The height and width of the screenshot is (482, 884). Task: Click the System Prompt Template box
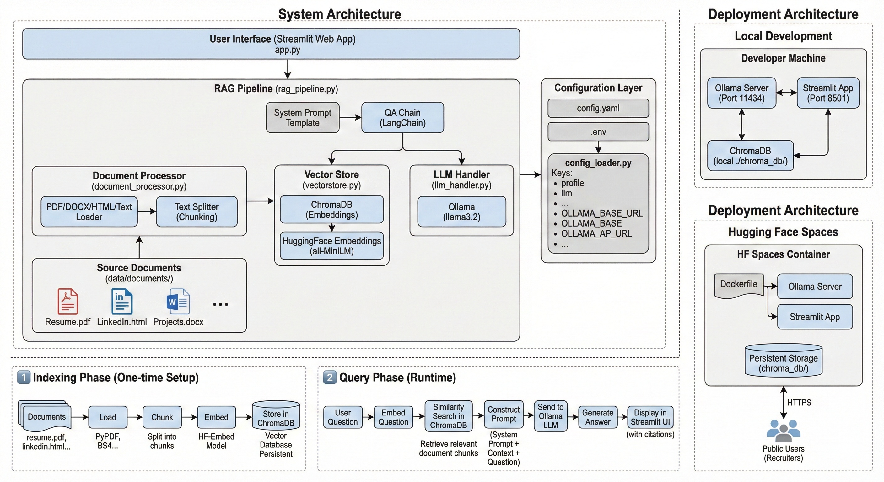302,117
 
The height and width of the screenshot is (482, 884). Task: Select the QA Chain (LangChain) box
402,117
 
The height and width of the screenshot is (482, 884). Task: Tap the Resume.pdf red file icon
67,301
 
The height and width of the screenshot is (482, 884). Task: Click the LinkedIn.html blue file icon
122,301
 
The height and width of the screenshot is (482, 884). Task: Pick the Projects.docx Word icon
178,301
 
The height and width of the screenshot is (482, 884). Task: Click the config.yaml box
598,108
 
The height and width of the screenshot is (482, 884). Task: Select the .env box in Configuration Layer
598,132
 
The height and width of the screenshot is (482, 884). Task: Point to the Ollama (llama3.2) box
461,212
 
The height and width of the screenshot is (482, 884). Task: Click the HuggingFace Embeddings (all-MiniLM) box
331,246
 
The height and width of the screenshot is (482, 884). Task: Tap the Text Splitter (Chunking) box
197,212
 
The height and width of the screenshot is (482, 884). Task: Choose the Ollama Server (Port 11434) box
741,93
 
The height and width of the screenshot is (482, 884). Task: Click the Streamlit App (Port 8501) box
828,93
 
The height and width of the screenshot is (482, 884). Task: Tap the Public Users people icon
783,430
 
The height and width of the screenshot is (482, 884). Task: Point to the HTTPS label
799,402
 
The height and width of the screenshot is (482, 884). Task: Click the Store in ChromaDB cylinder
276,416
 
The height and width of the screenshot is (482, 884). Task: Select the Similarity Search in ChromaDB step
448,416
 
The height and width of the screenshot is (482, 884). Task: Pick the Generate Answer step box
597,417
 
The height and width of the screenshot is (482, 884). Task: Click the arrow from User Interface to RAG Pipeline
288,69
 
